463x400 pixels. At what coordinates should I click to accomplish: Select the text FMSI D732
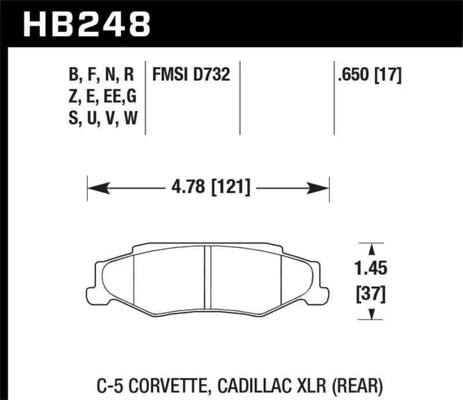pyautogui.click(x=191, y=75)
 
